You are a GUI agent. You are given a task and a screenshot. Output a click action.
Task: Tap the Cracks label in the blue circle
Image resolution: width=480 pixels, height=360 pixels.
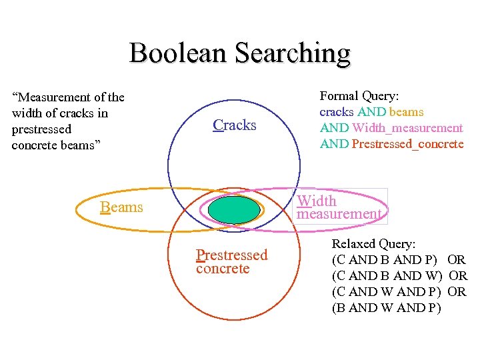(235, 125)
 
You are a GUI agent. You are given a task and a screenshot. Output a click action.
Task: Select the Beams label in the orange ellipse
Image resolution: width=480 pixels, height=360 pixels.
(122, 207)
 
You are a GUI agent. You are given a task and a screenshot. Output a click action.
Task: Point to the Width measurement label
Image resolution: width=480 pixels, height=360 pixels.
(339, 207)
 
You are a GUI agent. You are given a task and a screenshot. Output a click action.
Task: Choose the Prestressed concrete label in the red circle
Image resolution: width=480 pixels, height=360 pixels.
(231, 261)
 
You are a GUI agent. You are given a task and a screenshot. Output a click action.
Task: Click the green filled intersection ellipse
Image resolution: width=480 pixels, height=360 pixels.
(233, 209)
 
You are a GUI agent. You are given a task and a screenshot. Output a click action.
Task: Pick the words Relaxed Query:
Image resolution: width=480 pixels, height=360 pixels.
(373, 244)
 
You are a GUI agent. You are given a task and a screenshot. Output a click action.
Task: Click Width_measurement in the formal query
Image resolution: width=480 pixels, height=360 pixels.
(407, 128)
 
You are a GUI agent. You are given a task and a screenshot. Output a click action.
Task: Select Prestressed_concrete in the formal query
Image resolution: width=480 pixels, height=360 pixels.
(407, 144)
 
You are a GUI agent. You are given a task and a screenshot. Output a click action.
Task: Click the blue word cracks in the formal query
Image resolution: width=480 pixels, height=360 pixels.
(337, 112)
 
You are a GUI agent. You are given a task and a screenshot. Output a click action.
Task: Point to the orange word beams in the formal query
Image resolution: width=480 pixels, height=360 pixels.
(406, 112)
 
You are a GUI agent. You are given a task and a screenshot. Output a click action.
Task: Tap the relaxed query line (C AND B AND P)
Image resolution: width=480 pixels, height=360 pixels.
(385, 260)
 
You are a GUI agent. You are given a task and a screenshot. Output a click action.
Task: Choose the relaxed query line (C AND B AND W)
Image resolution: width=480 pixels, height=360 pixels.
(387, 276)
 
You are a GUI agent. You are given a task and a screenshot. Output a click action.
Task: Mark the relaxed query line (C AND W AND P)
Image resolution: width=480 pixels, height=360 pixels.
(385, 292)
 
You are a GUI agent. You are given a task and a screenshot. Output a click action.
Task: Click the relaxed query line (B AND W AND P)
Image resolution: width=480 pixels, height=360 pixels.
(385, 308)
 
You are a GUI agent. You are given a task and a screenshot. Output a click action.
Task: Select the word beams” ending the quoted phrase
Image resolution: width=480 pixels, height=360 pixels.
(80, 145)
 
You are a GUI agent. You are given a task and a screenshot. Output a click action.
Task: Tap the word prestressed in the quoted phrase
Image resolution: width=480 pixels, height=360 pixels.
(41, 129)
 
